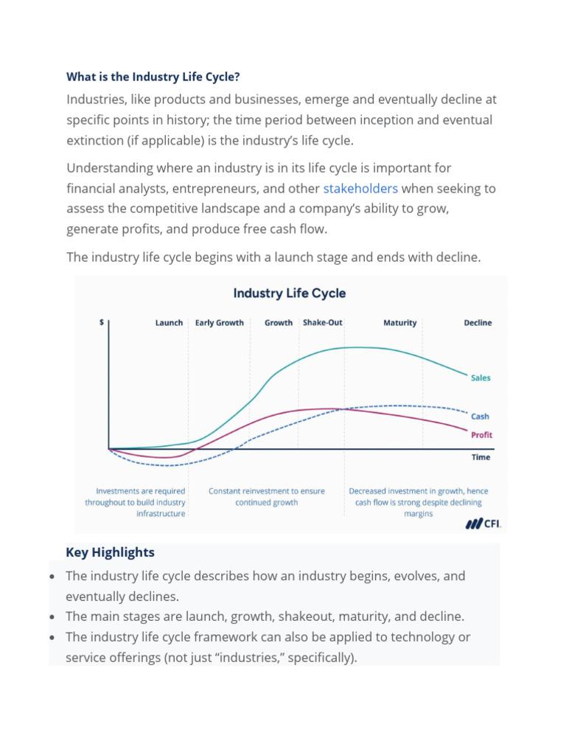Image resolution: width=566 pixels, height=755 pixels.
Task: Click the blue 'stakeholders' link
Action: (x=360, y=188)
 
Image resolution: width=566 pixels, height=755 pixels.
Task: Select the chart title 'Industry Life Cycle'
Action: (x=289, y=293)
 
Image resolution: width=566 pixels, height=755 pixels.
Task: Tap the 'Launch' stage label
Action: (x=169, y=323)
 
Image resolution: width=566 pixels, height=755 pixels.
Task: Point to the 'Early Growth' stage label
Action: (x=220, y=323)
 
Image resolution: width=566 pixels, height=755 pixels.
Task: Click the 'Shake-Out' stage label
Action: (x=322, y=323)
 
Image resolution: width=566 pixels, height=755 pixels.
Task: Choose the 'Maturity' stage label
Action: (x=400, y=323)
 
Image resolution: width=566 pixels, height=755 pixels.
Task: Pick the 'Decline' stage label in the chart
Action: (x=478, y=323)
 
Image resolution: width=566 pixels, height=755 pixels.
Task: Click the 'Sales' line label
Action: (x=481, y=378)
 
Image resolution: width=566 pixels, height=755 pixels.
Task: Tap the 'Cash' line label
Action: (x=481, y=417)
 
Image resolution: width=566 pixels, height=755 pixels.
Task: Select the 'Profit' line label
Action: (x=481, y=435)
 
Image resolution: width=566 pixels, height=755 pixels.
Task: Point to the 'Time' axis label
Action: (x=481, y=457)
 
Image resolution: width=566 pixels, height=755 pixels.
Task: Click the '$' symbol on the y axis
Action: (x=101, y=322)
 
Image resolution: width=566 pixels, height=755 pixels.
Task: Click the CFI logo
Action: (x=483, y=523)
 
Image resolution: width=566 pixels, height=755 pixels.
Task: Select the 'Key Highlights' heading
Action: (x=110, y=552)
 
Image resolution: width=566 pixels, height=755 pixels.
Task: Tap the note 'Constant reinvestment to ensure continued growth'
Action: (x=267, y=496)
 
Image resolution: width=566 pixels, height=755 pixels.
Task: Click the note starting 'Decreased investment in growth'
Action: (x=418, y=502)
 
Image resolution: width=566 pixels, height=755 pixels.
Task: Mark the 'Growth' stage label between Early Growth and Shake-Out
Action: (x=279, y=323)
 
